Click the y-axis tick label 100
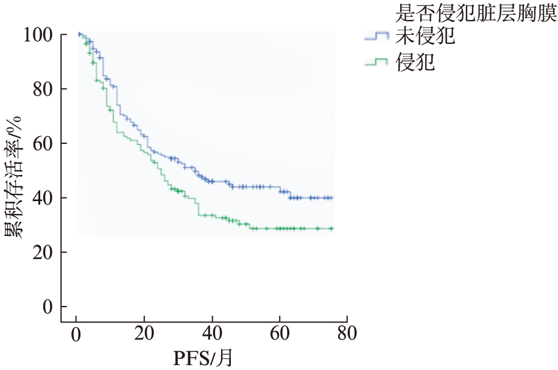click(x=38, y=35)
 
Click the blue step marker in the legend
click(x=376, y=37)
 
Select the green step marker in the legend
click(x=376, y=62)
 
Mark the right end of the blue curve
click(x=333, y=197)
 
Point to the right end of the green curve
click(x=333, y=229)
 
